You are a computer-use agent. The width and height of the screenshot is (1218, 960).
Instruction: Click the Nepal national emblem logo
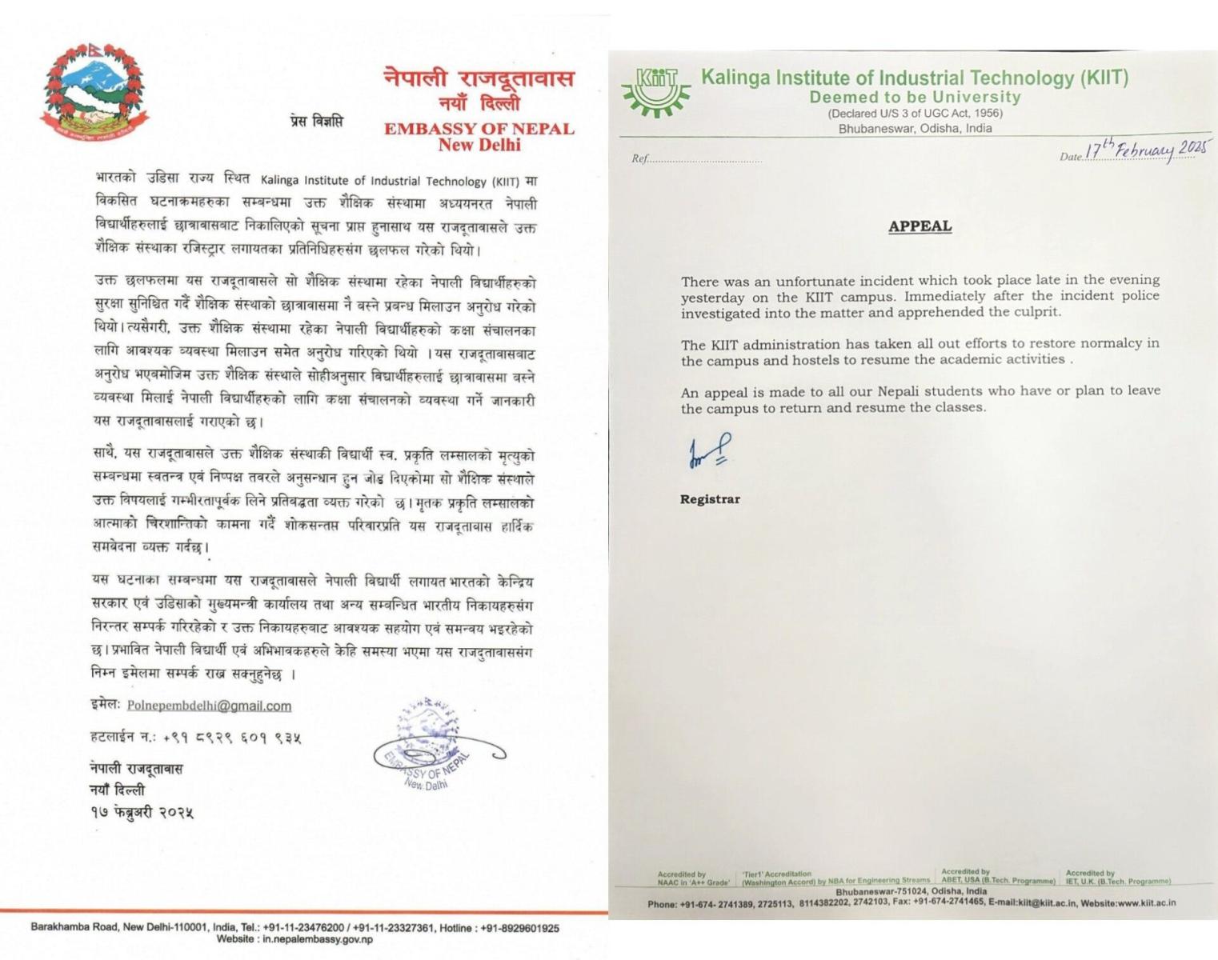(94, 90)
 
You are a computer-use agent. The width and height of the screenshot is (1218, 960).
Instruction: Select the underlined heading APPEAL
(920, 226)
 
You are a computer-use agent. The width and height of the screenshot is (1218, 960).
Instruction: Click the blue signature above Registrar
(709, 452)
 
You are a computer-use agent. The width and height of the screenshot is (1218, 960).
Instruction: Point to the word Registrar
(710, 499)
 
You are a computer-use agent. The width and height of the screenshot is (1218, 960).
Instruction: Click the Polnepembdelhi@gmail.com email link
(209, 706)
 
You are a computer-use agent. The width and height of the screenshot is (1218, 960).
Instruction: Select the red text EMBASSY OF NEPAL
(479, 129)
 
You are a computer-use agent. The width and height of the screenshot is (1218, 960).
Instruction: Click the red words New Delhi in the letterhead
(479, 146)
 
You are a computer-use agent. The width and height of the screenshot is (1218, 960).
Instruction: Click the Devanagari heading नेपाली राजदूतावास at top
(479, 78)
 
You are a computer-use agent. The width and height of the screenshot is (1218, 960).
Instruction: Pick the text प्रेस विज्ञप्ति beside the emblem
(316, 122)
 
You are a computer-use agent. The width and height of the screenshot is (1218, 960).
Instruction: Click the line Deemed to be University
(915, 98)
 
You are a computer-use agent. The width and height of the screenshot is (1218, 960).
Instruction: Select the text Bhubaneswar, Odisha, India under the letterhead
(915, 128)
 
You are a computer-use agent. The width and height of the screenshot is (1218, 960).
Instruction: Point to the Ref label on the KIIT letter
(639, 158)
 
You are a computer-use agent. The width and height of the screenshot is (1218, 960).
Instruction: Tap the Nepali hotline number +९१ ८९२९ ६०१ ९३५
(232, 738)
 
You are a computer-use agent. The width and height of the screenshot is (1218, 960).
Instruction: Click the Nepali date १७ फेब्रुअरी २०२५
(142, 812)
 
